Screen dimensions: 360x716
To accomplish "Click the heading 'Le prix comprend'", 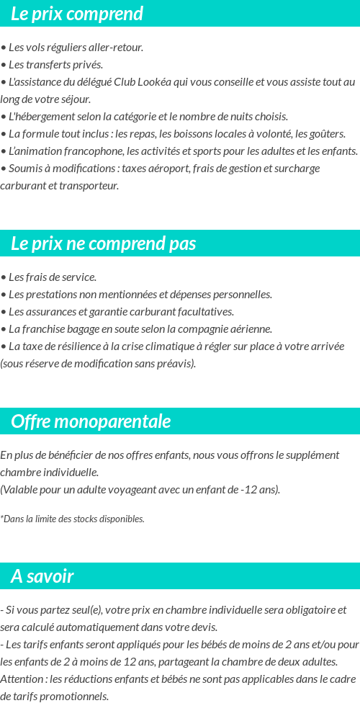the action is coord(77,14).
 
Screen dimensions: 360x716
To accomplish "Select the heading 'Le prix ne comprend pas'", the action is coord(104,243).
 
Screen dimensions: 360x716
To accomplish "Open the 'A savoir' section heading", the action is coord(42,576).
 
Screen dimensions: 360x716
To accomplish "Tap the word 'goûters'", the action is coord(328,134).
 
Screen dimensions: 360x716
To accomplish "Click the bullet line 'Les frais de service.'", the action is coord(49,277).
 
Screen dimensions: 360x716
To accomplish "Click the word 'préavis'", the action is coord(176,364).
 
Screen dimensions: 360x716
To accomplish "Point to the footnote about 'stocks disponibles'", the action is coord(72,519).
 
